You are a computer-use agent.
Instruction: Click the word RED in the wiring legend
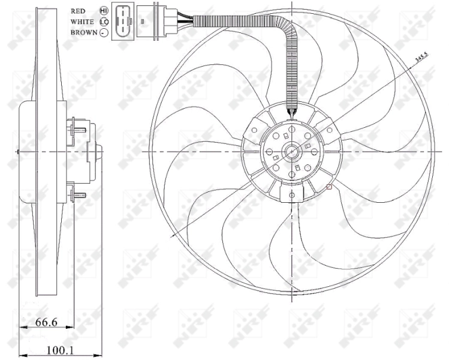click(x=78, y=11)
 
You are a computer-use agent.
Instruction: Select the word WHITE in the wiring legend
click(x=82, y=22)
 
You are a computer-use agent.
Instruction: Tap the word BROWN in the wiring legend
click(x=83, y=32)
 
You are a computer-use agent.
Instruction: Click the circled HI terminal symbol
click(x=104, y=11)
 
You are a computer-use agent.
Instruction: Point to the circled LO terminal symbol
click(x=104, y=22)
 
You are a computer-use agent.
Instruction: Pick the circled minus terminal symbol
click(x=104, y=32)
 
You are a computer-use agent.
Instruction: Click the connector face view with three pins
click(x=122, y=22)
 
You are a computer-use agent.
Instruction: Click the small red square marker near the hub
click(x=329, y=187)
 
